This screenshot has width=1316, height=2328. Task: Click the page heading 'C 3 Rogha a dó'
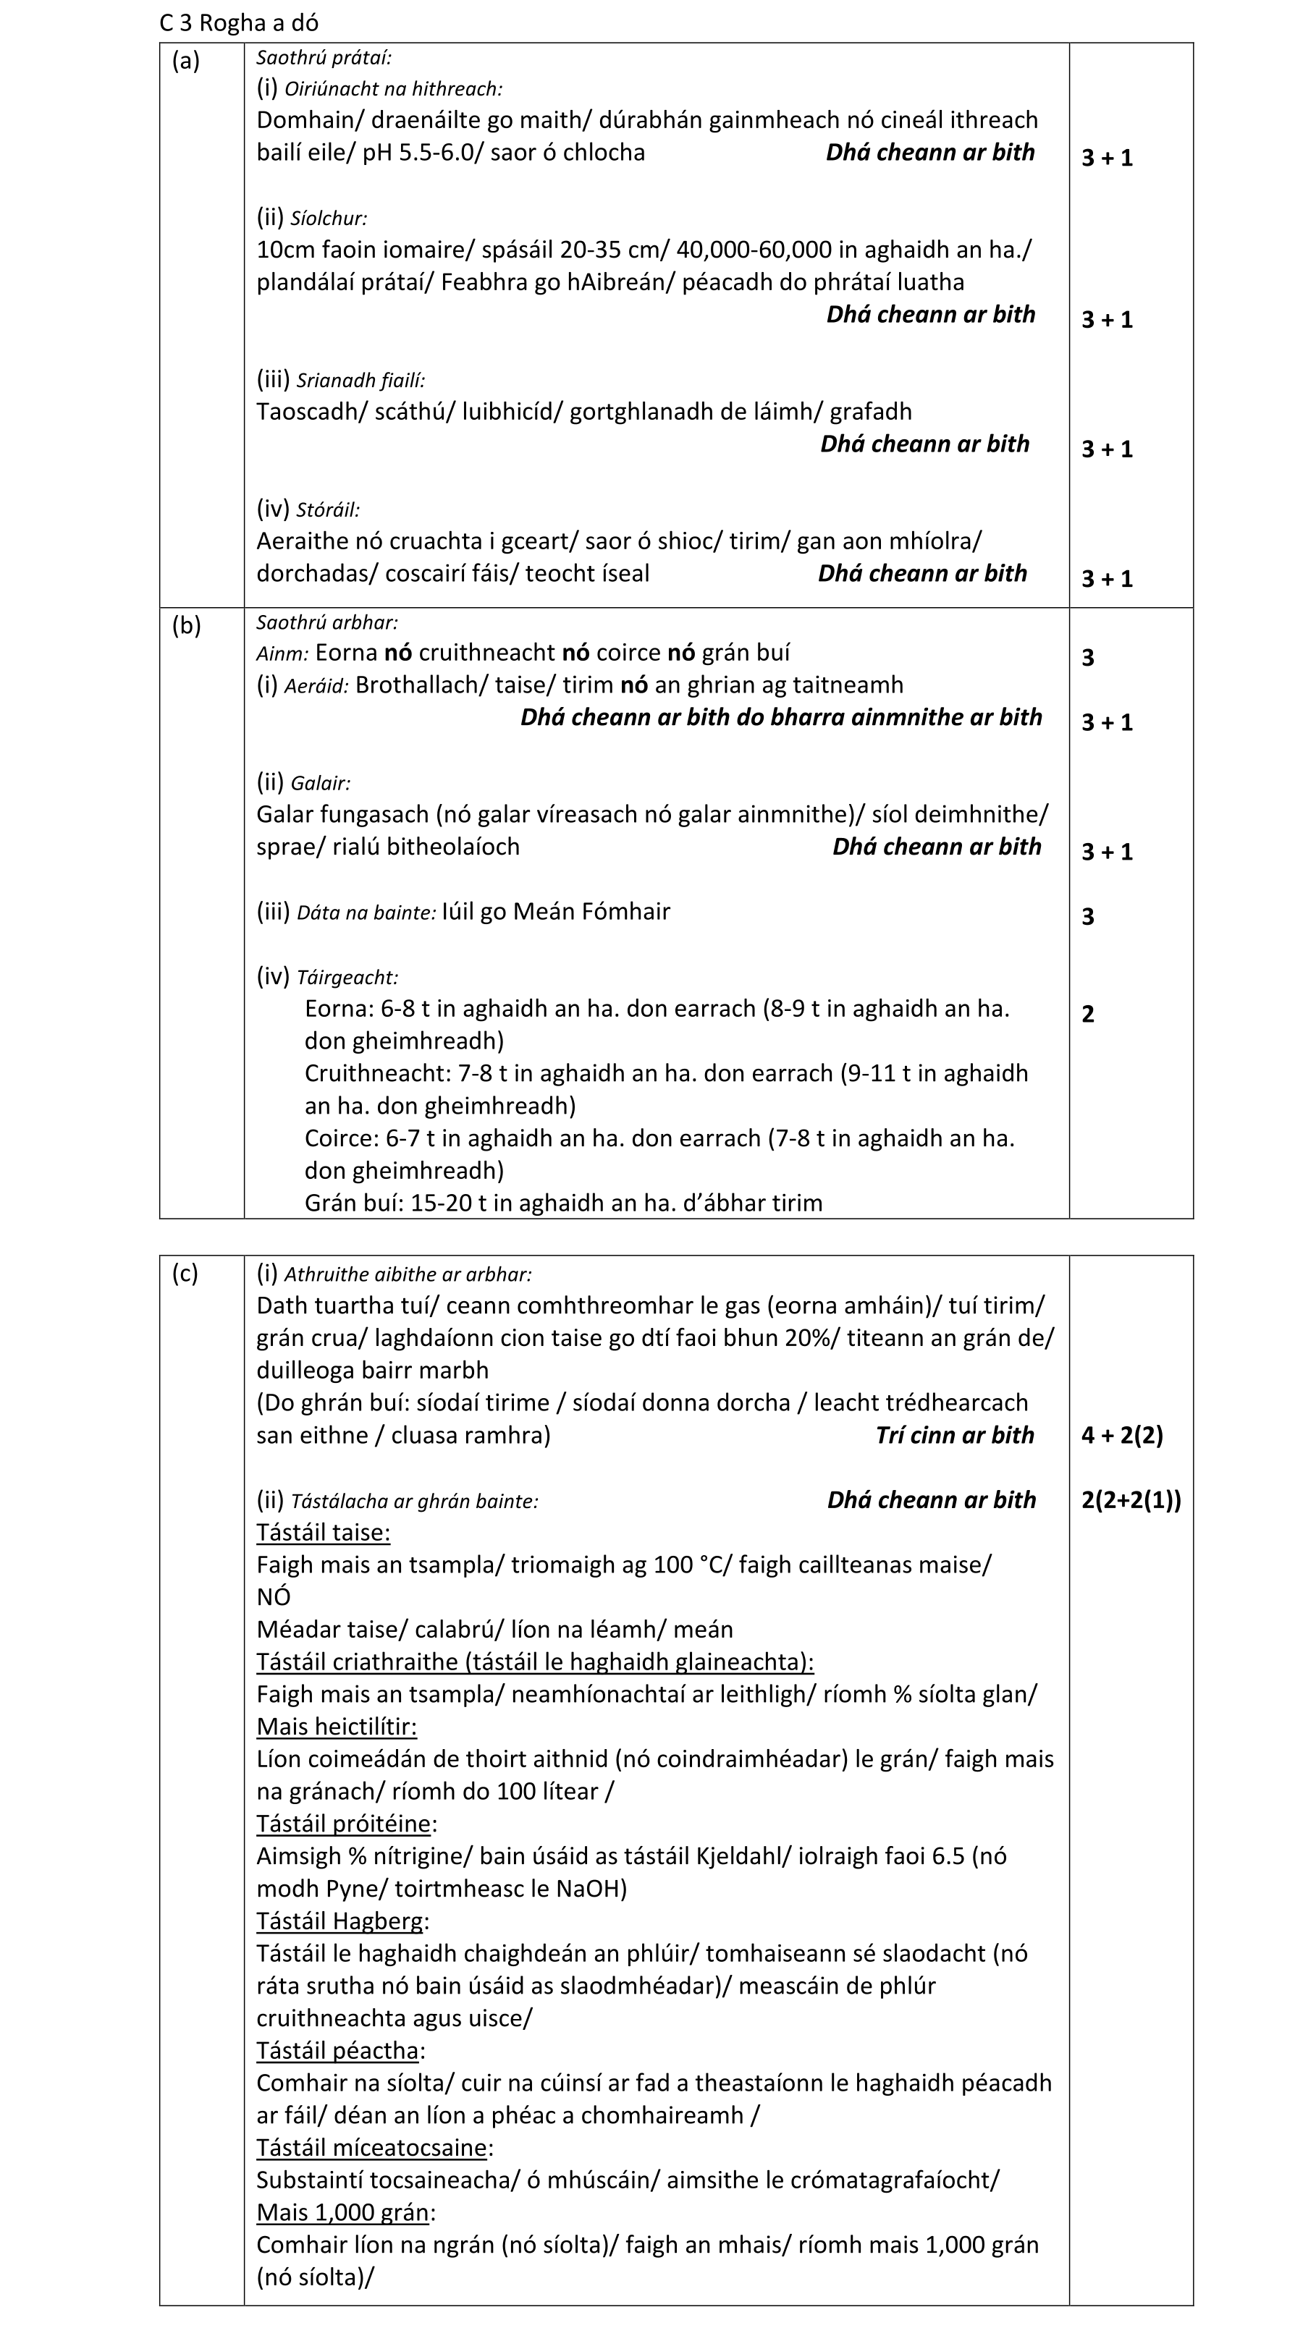point(239,22)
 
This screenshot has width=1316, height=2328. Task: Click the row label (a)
point(185,61)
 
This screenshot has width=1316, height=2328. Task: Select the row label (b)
point(186,625)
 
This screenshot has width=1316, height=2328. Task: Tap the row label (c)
point(185,1274)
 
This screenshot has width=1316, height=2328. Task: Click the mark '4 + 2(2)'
point(1122,1435)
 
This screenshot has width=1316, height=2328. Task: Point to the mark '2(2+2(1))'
point(1131,1500)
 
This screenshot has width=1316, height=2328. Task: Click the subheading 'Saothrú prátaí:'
point(324,58)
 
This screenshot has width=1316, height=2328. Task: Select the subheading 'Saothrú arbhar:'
point(326,622)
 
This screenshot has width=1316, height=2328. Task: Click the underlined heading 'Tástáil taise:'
point(323,1533)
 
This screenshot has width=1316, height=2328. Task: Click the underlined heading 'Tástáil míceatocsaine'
point(371,2148)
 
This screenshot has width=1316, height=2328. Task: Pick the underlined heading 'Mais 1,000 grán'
point(342,2212)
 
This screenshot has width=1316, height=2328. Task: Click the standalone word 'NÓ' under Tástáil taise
point(273,1598)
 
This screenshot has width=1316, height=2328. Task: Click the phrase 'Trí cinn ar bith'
point(955,1435)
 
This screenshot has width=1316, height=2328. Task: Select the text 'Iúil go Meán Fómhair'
point(556,911)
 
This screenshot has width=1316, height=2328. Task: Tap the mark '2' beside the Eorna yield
point(1087,1014)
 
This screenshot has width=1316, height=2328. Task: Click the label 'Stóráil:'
point(328,509)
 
